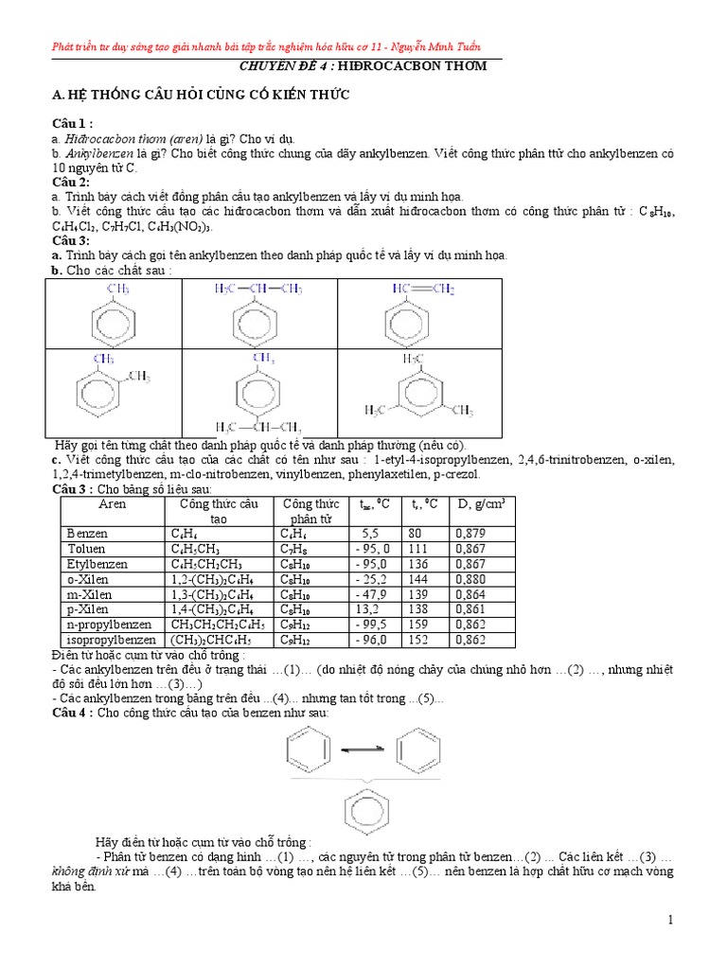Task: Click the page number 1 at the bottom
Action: click(669, 920)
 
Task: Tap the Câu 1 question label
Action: click(72, 124)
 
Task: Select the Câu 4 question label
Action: click(72, 713)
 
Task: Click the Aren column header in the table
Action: click(113, 504)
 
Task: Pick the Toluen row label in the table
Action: click(86, 548)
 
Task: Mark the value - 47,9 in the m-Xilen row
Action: click(372, 594)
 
